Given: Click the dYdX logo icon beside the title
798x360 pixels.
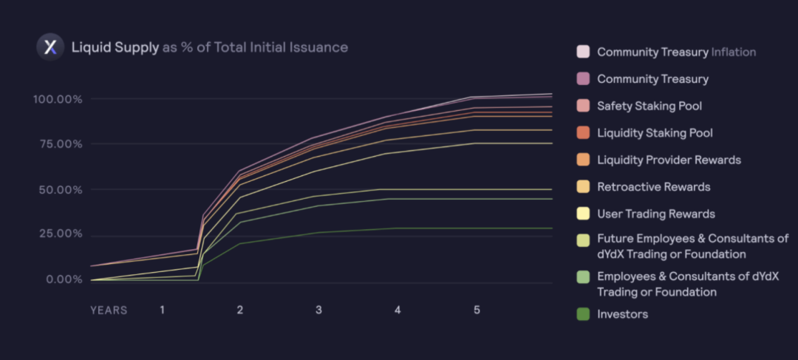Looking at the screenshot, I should pos(50,47).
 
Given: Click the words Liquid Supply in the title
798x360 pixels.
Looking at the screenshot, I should pos(115,48).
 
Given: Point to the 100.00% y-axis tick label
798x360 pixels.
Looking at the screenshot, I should pos(56,99).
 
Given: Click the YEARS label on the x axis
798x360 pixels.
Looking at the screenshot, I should pos(109,310).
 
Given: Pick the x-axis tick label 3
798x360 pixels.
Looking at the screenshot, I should pos(318,310).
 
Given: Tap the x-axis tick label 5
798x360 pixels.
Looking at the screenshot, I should pos(477,310).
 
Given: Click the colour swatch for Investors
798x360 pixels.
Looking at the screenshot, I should pos(583,314).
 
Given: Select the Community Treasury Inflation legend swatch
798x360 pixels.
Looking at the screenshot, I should pos(583,52).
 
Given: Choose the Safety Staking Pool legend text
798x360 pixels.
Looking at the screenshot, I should pos(649,106).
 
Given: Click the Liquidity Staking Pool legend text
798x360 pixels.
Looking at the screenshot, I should pos(655,133).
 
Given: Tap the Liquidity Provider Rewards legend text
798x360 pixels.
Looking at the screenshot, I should pos(669,160).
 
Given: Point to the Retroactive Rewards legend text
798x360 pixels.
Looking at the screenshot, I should pos(653,187).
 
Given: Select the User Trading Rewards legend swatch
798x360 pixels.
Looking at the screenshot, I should pos(583,214).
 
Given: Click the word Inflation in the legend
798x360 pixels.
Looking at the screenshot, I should pos(734,52).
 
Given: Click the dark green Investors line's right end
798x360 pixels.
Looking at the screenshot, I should pos(551,228).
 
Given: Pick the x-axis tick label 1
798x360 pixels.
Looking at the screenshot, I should pos(162,310).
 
